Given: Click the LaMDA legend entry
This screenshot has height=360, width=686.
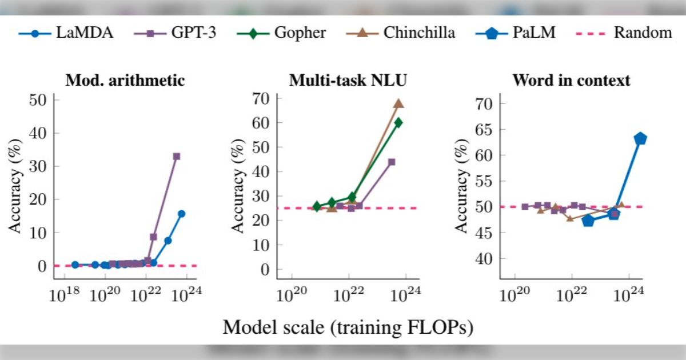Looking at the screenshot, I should tap(66, 33).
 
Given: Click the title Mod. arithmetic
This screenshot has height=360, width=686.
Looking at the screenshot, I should tap(125, 81).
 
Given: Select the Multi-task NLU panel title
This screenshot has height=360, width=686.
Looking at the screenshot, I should tap(348, 81).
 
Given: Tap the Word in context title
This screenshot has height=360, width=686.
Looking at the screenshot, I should tap(571, 81).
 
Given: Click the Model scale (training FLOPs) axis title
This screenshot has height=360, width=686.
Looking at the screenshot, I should tap(348, 327).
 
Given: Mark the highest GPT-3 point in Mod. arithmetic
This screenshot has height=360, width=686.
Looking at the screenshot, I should tap(177, 156).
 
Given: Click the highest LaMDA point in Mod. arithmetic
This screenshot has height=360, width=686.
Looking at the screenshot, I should tap(181, 214).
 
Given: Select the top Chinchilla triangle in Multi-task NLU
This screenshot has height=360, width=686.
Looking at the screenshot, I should tap(398, 103).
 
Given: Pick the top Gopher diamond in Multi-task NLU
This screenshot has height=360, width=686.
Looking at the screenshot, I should tap(398, 122).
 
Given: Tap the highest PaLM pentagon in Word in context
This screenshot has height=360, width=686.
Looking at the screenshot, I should tap(640, 138).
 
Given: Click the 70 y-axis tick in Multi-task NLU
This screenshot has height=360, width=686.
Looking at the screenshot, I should tap(261, 98).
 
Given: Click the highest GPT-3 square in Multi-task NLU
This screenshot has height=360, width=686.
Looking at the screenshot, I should tap(392, 162).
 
